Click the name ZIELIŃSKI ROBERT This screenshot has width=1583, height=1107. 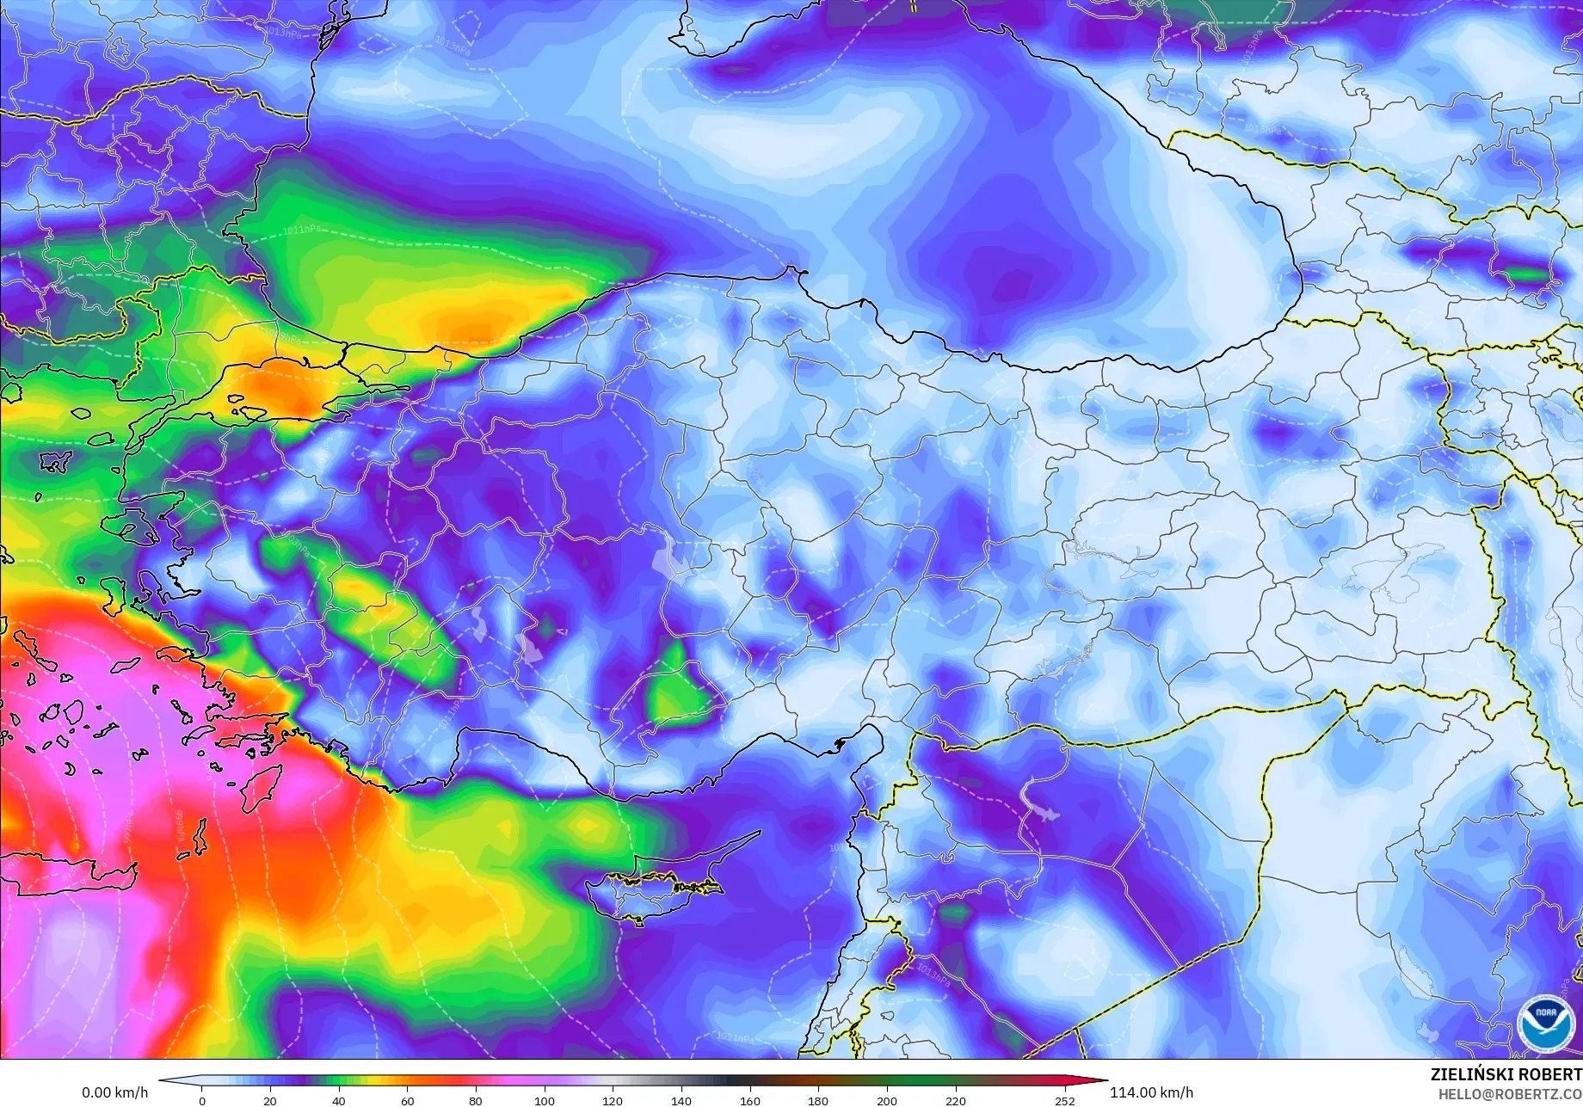click(x=1506, y=1074)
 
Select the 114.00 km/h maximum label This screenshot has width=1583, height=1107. click(x=1151, y=1092)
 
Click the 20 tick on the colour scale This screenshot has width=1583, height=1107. click(x=270, y=1100)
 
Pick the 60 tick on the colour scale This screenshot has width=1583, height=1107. click(x=407, y=1100)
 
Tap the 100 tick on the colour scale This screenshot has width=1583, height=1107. click(x=544, y=1100)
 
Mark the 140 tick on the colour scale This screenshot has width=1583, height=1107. click(x=681, y=1100)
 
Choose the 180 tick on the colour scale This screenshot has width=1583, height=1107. click(x=817, y=1100)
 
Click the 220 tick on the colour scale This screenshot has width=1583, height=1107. click(x=955, y=1100)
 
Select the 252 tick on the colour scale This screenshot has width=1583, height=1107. click(x=1064, y=1100)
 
